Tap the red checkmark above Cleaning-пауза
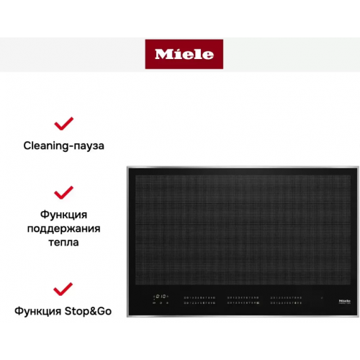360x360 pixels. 64,123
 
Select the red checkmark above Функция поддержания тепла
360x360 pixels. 64,192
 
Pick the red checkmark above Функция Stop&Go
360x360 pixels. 64,289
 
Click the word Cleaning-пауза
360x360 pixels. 64,145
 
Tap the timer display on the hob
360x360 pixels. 163,296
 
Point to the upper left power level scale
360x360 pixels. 200,296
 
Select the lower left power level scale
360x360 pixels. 200,303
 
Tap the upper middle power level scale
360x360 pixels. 243,296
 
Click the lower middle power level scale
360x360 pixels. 243,303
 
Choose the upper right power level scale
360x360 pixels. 285,296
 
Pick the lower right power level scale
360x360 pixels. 285,303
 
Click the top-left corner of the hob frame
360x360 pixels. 127,167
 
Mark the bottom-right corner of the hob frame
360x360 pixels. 349,318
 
